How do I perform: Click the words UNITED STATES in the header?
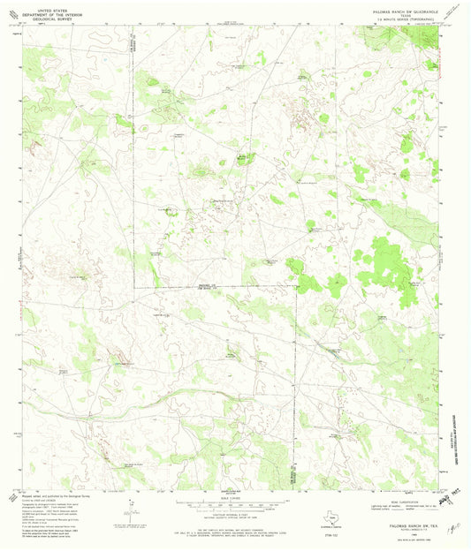click(45, 5)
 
